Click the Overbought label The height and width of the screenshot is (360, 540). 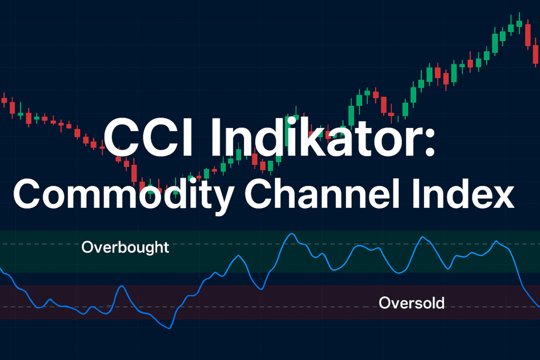[x=126, y=247]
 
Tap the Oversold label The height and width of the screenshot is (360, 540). [x=411, y=303]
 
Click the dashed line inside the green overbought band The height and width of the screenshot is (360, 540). [x=47, y=245]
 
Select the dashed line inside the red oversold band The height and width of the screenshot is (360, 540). [x=264, y=307]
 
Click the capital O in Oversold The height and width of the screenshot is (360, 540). [x=384, y=303]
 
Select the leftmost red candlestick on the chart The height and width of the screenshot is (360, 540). [x=4, y=100]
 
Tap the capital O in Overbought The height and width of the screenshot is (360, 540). [x=88, y=247]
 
